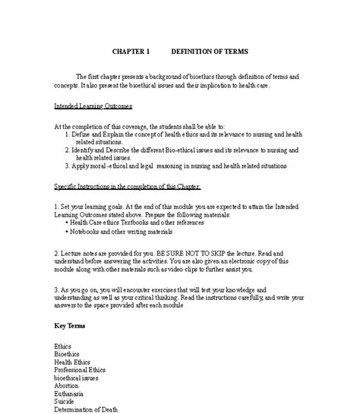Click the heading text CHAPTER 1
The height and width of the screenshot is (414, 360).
point(132,52)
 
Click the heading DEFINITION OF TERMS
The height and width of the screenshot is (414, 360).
point(209,52)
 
